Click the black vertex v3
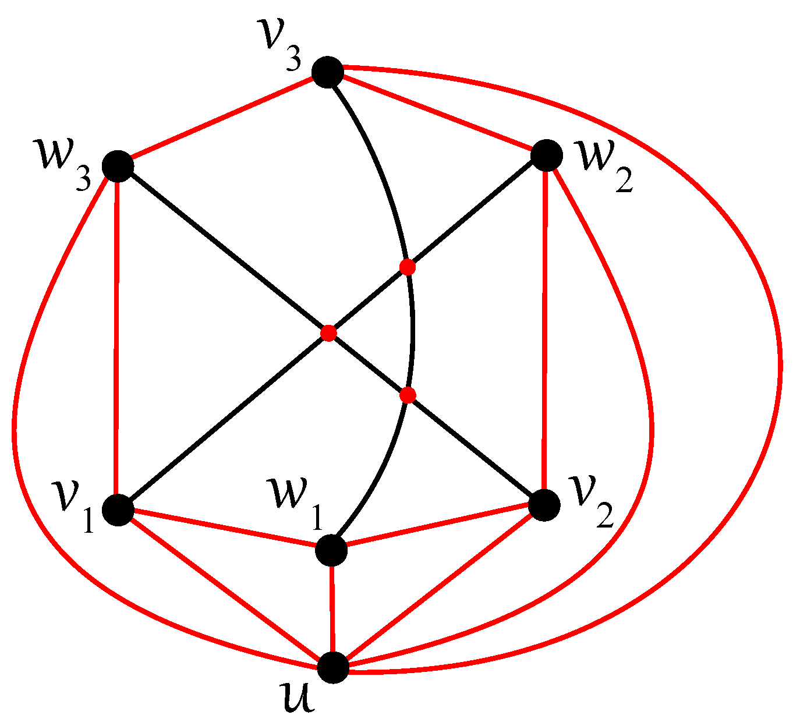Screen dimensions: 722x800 pyautogui.click(x=328, y=72)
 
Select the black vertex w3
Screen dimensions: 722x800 pyautogui.click(x=118, y=166)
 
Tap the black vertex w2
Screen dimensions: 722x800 pyautogui.click(x=546, y=155)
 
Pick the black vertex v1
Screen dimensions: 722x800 pyautogui.click(x=118, y=509)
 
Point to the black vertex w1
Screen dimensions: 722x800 pyautogui.click(x=331, y=550)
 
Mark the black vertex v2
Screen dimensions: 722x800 pyautogui.click(x=544, y=505)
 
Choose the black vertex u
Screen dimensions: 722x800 pyautogui.click(x=333, y=667)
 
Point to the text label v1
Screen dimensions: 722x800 pyautogui.click(x=73, y=504)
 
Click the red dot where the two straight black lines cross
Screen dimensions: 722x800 pyautogui.click(x=329, y=333)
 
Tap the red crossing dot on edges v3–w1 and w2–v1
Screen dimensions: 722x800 pyautogui.click(x=408, y=267)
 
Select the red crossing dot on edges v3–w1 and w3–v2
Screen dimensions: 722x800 pyautogui.click(x=408, y=395)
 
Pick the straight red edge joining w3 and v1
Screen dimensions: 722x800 pyautogui.click(x=118, y=338)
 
